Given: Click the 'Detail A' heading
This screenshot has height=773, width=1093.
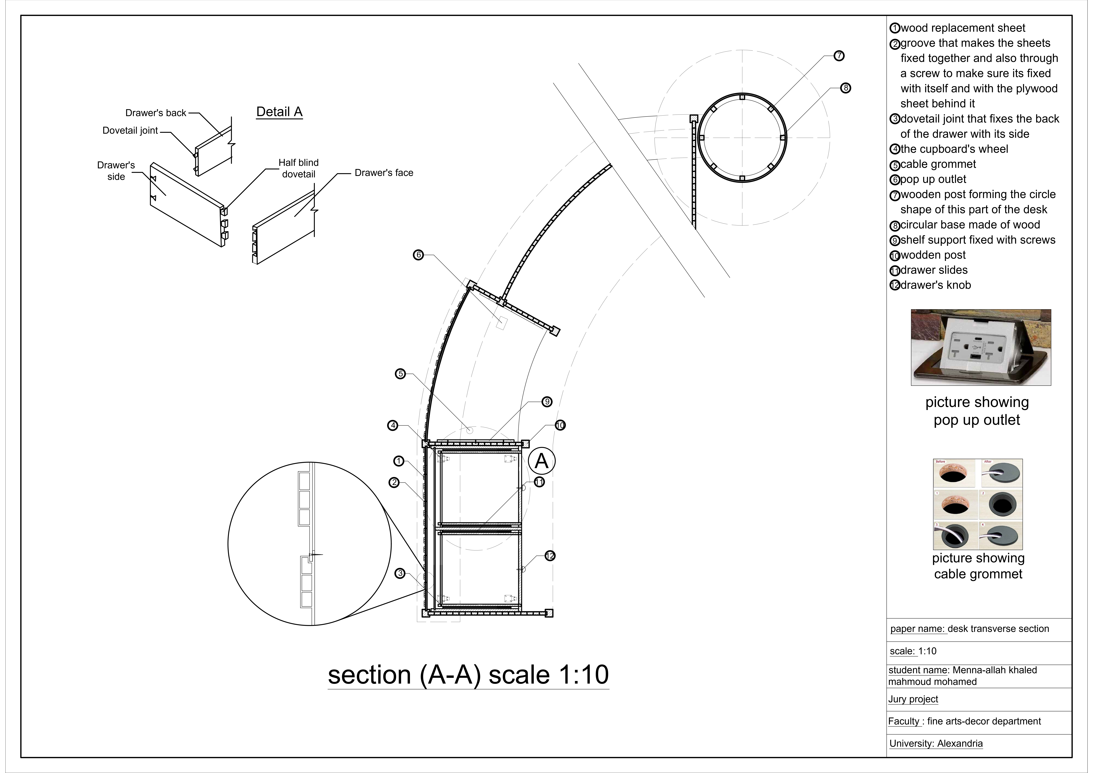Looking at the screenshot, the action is (x=279, y=112).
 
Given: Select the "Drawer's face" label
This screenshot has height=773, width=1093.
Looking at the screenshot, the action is (x=384, y=173).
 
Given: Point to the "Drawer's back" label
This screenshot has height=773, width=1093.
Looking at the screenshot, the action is (x=156, y=113).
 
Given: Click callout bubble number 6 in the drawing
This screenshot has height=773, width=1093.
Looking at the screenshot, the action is (x=418, y=255).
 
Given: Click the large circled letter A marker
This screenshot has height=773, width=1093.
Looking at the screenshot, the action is (x=542, y=461).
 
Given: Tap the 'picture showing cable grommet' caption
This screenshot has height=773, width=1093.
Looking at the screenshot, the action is (x=978, y=566).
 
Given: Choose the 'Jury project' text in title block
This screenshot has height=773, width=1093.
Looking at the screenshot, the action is (x=913, y=699).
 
